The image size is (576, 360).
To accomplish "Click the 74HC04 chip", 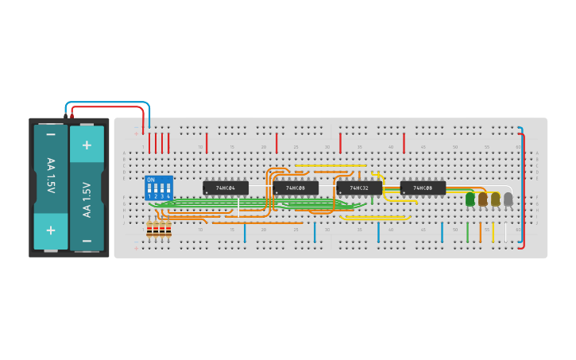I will [x=226, y=188].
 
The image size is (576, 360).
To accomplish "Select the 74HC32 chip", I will [x=359, y=188].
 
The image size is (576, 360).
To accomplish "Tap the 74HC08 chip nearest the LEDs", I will [x=423, y=188].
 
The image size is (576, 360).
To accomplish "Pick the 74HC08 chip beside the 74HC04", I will [x=296, y=188].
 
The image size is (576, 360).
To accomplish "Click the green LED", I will [x=470, y=199].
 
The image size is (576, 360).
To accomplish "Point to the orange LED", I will [x=483, y=199].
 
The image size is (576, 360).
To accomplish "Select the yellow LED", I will [x=496, y=199].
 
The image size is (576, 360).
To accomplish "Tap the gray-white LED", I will [x=508, y=199].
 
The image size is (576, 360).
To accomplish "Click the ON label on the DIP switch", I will [x=151, y=180].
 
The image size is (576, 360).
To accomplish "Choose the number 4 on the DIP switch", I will [x=168, y=196].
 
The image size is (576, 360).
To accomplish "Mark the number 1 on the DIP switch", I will [x=149, y=196].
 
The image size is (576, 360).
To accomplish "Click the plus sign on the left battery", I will [x=51, y=230].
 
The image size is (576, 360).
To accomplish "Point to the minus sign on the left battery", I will [x=51, y=135].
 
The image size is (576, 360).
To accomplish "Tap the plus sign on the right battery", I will [x=87, y=145].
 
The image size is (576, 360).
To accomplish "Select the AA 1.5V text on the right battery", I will [x=87, y=199].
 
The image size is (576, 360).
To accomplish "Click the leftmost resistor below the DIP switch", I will [x=149, y=230].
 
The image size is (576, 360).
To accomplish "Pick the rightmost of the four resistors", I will [x=168, y=230].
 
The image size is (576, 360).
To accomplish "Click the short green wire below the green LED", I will [x=467, y=232].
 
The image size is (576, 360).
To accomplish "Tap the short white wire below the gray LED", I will [x=505, y=232].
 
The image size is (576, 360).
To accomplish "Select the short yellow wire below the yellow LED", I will [x=493, y=232].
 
